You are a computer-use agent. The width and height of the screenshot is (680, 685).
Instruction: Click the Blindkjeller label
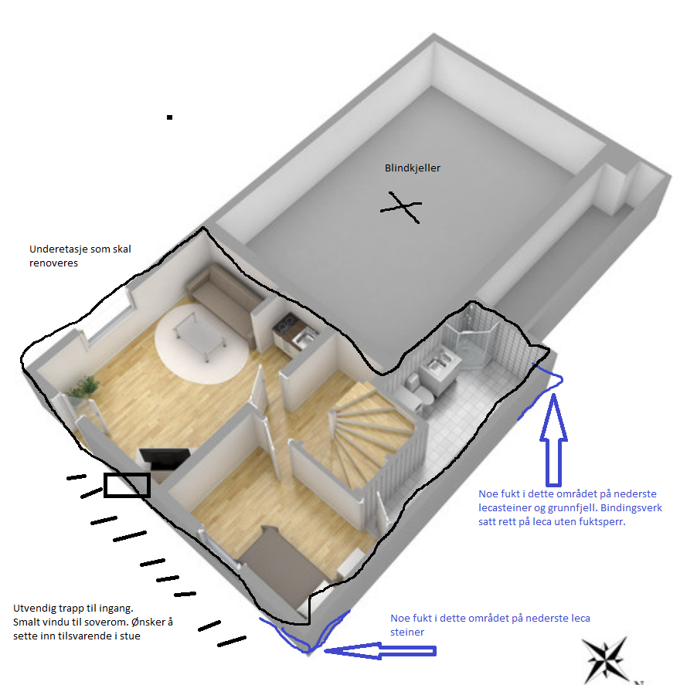[412, 168]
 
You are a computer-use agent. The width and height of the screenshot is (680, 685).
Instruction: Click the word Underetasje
[60, 249]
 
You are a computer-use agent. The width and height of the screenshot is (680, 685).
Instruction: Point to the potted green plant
[83, 388]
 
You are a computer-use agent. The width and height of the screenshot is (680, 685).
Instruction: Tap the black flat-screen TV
[165, 459]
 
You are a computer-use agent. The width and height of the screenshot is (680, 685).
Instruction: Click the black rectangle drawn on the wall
[127, 485]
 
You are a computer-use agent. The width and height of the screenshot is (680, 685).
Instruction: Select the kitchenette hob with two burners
[286, 323]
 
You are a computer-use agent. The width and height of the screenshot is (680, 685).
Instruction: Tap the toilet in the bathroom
[420, 392]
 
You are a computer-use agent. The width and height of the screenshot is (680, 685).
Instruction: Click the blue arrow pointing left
[380, 650]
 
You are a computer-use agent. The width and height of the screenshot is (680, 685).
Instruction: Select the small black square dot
[169, 117]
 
